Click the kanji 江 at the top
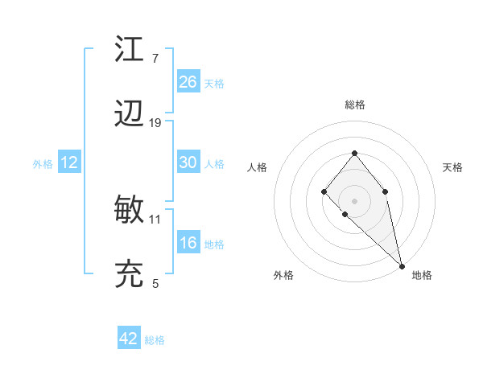pos(129,50)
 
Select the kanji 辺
pos(129,115)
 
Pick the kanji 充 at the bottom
pos(129,275)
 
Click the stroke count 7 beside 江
pos(155,59)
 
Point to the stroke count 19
pos(155,123)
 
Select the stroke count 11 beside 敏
pos(155,219)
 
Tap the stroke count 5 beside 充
pos(155,283)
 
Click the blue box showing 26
pos(188,81)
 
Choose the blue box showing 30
pos(188,162)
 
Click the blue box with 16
pos(188,243)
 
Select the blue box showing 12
pos(69,162)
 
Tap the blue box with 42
pos(129,339)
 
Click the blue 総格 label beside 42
pos(155,340)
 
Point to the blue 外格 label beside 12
pos(43,164)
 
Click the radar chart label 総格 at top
pos(355,105)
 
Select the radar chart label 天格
pos(452,167)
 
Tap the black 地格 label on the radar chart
pos(422,275)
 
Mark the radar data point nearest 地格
pos(402,265)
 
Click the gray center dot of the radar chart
pos(354,200)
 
